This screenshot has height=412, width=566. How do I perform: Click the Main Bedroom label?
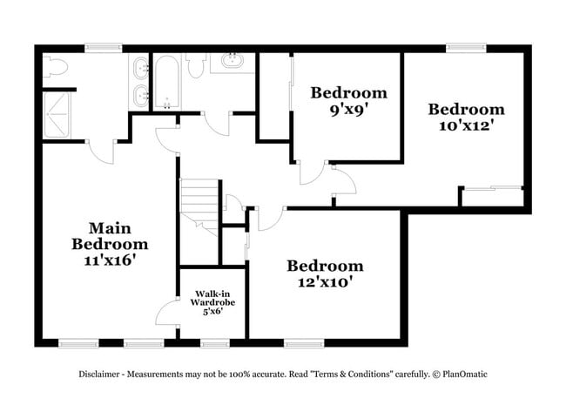pyautogui.click(x=109, y=235)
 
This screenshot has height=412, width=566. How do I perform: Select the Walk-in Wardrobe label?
pyautogui.click(x=213, y=298)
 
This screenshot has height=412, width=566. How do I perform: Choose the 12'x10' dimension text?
pyautogui.click(x=325, y=282)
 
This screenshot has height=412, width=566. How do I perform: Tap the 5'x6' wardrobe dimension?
pyautogui.click(x=213, y=311)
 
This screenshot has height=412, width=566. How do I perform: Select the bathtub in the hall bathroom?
pyautogui.click(x=165, y=83)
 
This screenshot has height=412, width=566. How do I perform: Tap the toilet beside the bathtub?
pyautogui.click(x=194, y=65)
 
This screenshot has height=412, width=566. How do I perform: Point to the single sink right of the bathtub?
pyautogui.click(x=233, y=63)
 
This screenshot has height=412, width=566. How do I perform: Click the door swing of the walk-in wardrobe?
pyautogui.click(x=167, y=312)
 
